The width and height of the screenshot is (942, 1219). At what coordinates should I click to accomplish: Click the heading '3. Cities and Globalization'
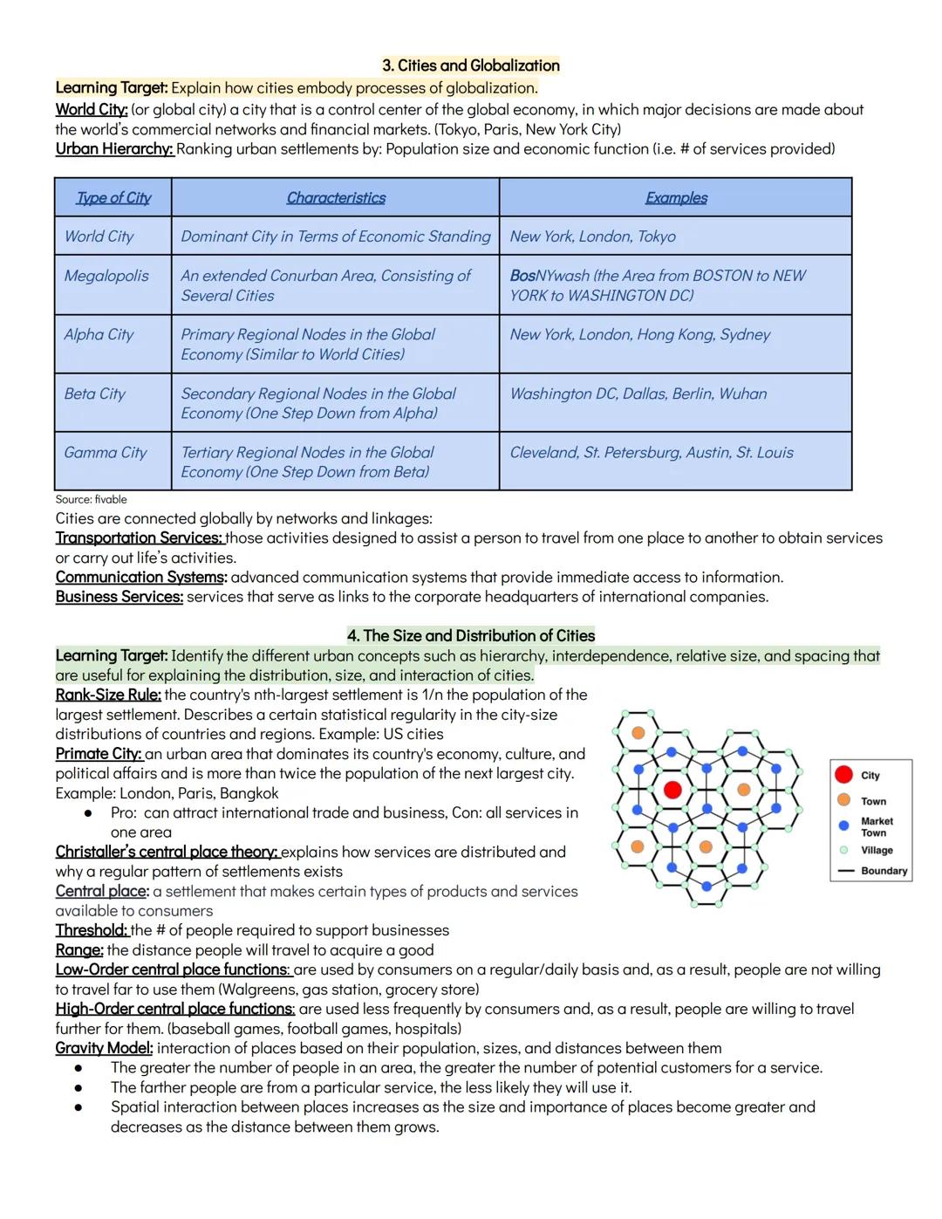coord(471,65)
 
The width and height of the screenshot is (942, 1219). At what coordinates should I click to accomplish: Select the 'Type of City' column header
coord(113,198)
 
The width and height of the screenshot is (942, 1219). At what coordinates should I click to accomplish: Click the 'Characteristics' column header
coord(336,198)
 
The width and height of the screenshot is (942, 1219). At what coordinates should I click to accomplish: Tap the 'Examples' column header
coord(676,198)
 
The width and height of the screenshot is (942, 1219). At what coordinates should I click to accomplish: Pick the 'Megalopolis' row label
coord(106,276)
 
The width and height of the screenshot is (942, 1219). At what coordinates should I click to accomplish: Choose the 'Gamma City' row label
coord(106,452)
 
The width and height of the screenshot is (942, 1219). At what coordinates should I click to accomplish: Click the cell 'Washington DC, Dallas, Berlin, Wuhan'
coord(638,394)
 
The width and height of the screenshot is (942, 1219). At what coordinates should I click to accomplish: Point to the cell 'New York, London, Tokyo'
coord(592,236)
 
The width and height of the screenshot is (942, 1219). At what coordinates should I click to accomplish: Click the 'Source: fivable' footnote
coord(91,499)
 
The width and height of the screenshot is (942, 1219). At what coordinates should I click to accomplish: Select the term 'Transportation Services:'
coord(140,538)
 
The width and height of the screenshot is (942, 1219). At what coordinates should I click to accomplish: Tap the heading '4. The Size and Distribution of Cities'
coord(471,636)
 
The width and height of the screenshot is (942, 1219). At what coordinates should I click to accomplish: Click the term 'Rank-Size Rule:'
coord(108,695)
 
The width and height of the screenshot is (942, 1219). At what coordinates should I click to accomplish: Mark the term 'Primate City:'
coord(99,754)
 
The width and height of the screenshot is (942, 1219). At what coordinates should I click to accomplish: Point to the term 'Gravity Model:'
coord(104,1048)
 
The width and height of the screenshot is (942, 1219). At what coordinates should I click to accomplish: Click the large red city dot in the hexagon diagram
coord(672,790)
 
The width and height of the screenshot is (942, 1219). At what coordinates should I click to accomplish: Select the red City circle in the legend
coord(843,775)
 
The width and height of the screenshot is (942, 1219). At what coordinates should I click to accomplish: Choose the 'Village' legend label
coord(877,850)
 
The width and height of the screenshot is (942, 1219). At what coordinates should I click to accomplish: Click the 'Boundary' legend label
coord(884,871)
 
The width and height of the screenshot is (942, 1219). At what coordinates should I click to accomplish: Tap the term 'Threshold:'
coord(92,930)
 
